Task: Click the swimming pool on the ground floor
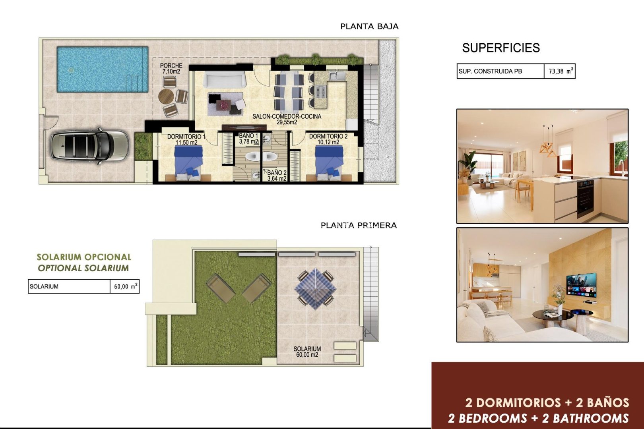(102, 70)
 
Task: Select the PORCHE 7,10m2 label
(171, 68)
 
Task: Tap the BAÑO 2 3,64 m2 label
(277, 176)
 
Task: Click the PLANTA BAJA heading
(369, 27)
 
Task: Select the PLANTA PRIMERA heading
(359, 225)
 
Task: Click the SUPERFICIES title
(501, 48)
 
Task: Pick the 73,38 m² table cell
(560, 71)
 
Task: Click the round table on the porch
(166, 97)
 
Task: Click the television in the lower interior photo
(581, 284)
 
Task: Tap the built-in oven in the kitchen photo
(585, 197)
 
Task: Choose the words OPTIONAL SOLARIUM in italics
(83, 268)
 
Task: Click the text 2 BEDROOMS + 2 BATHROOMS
(539, 418)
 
